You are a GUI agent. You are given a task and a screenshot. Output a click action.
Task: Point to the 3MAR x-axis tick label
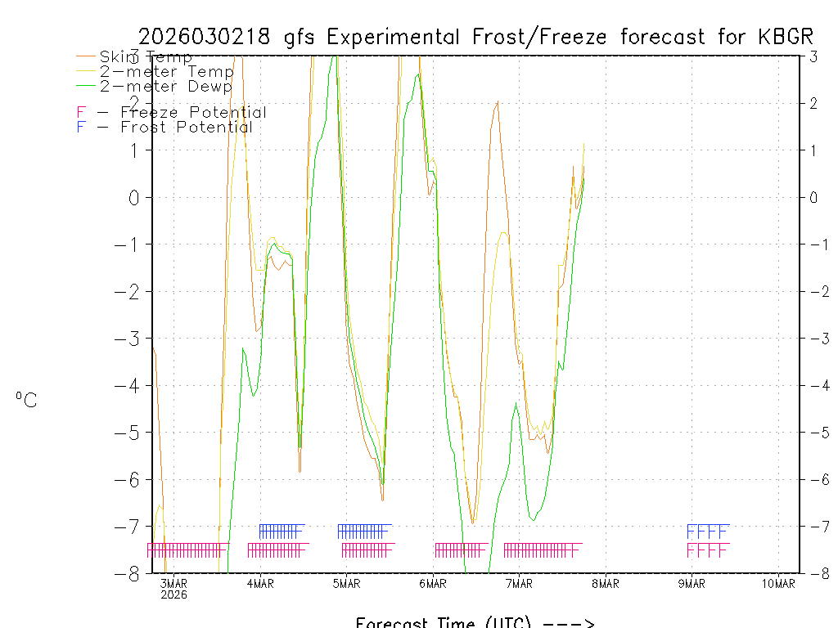173,583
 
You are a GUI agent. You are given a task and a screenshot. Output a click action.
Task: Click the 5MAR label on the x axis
346,583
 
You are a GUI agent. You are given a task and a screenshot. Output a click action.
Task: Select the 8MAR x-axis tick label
606,583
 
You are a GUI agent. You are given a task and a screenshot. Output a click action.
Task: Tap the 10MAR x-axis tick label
777,583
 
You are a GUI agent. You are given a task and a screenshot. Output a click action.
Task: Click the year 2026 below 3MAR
173,594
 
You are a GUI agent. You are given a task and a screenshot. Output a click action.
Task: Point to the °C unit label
25,400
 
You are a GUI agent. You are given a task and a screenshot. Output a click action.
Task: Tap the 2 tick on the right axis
814,103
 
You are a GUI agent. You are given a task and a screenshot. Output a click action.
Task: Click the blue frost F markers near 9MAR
707,530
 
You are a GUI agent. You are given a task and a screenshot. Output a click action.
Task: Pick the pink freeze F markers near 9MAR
707,550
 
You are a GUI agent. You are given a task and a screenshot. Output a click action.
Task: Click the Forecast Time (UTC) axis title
475,622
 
